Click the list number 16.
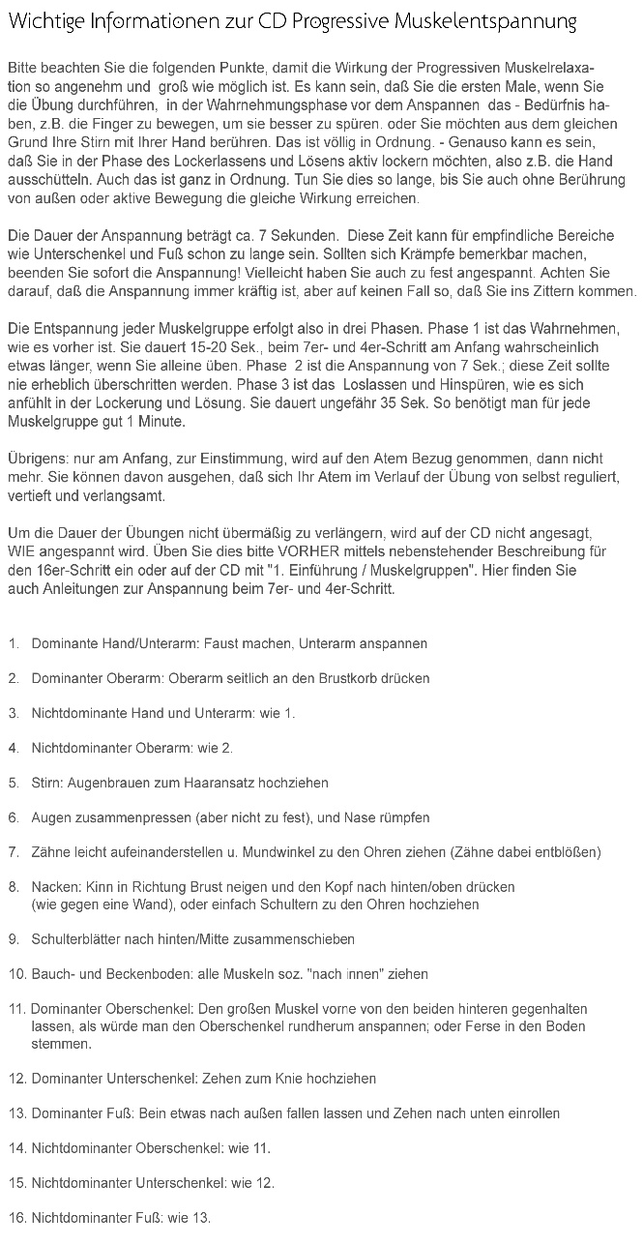coord(16,1218)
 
